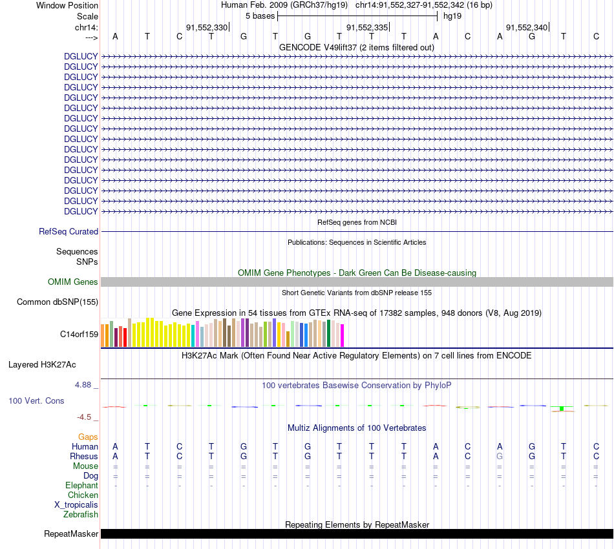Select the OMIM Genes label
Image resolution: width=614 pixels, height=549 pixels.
tap(73, 282)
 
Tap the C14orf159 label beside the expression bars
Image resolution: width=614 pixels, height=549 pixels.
tap(79, 334)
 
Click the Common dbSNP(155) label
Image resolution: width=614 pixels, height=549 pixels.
tap(58, 302)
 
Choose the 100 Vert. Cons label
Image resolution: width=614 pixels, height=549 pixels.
tap(36, 400)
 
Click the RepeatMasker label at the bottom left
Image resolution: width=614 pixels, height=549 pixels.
tap(71, 533)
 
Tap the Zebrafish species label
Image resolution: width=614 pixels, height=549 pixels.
tap(81, 514)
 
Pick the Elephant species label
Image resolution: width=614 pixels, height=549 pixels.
tap(81, 485)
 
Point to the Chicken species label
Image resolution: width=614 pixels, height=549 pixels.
tap(83, 495)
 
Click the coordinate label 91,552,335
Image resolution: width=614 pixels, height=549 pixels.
tap(367, 27)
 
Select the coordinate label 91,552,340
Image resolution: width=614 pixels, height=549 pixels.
tap(527, 27)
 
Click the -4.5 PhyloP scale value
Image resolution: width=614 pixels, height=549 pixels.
tap(85, 417)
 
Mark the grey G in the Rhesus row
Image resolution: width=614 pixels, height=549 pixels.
tap(500, 456)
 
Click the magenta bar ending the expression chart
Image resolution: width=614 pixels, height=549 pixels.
tap(342, 335)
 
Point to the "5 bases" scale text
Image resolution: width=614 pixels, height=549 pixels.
tap(260, 16)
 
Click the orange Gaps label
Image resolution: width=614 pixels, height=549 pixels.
tap(88, 437)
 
